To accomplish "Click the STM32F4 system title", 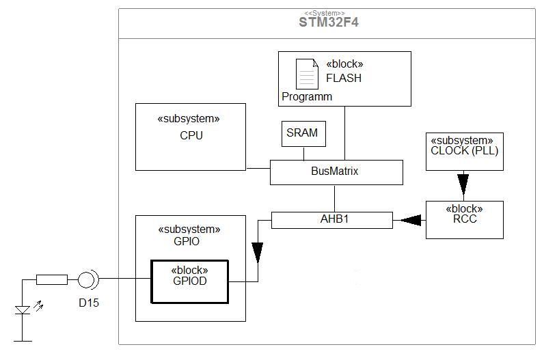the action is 329,22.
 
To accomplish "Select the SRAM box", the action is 303,134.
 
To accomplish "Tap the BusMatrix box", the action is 336,173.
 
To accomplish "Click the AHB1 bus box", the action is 332,220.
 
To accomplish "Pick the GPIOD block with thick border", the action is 190,282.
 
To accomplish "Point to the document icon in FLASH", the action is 308,74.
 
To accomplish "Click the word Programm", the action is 307,96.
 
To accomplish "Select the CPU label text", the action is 191,135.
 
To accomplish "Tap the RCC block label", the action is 465,219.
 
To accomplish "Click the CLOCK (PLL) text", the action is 464,150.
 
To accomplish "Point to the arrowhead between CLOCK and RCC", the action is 463,184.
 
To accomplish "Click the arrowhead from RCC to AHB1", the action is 411,220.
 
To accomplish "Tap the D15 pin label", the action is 89,303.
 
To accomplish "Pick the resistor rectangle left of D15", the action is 52,280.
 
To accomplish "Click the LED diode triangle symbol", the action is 23,310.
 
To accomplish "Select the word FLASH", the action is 344,78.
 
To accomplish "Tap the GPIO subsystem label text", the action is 187,241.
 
